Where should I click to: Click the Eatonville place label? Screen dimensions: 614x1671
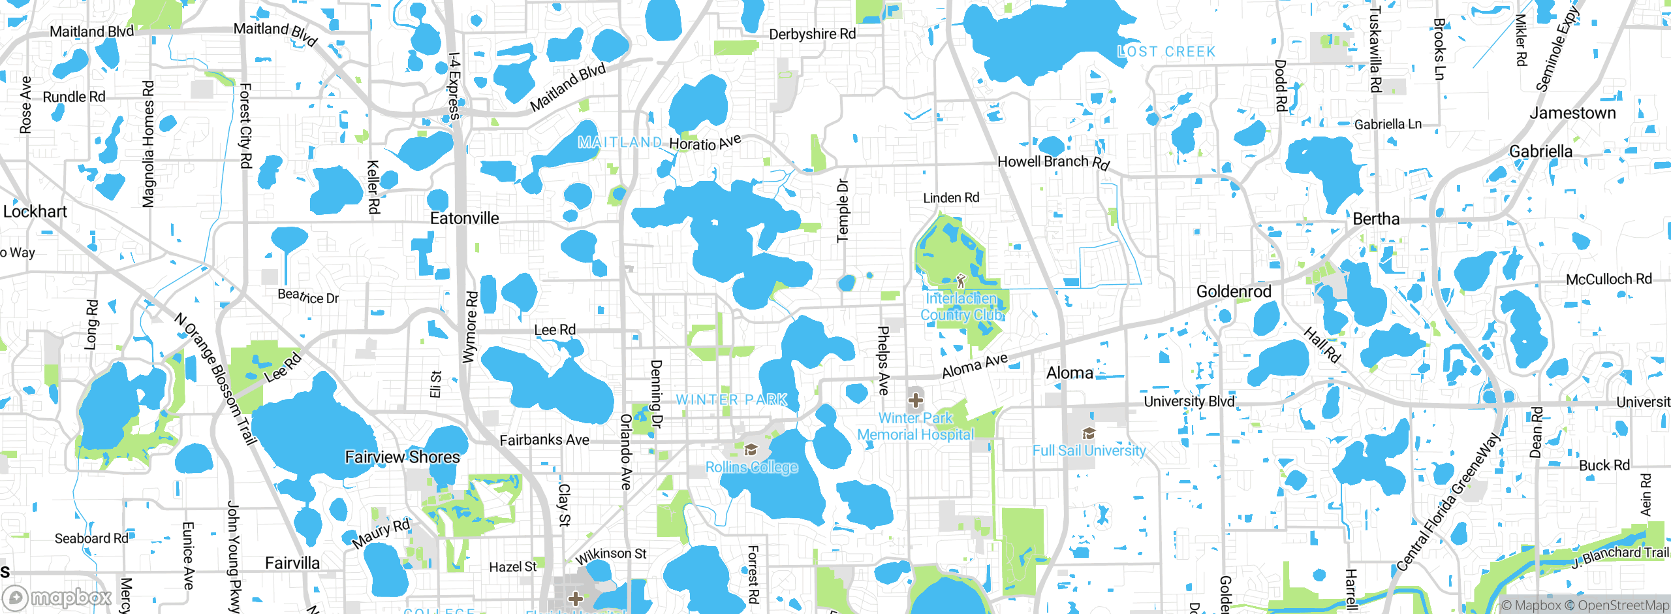coord(464,218)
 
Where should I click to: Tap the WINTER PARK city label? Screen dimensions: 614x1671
coord(732,399)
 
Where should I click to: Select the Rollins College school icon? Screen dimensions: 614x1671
coord(750,449)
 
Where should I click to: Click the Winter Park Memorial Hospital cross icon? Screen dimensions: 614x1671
coord(915,399)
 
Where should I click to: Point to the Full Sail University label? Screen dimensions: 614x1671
coord(1089,451)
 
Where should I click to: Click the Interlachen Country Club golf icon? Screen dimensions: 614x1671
coord(960,282)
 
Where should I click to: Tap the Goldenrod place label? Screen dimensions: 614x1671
coord(1234,291)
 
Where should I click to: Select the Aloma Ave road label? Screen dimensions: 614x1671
coord(975,366)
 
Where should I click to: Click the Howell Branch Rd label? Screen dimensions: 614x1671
coord(1054,161)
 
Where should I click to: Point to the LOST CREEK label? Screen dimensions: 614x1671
coord(1166,52)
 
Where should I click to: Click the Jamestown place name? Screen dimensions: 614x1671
coord(1572,113)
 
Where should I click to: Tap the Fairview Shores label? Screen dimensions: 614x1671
coord(402,457)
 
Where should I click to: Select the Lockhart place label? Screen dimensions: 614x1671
coord(35,212)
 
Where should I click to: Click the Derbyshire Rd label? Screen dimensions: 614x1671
coord(812,34)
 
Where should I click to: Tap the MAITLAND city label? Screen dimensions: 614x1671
coord(620,142)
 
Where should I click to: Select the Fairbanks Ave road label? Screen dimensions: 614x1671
coord(544,440)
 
